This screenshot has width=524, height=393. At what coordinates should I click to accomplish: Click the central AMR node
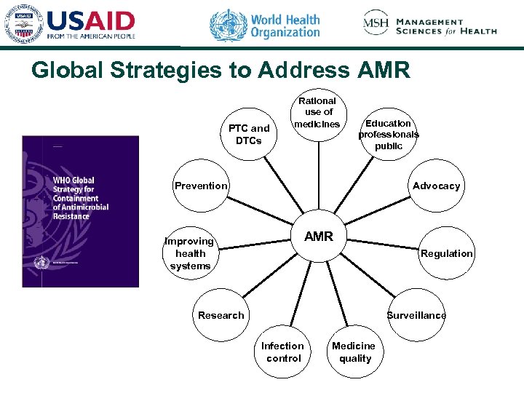point(318,237)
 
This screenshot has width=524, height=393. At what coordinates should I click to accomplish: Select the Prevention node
point(201,186)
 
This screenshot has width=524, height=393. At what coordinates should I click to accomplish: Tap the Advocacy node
point(436,186)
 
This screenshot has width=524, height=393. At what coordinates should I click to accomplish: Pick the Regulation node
point(446,253)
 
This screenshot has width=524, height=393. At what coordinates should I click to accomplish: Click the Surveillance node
point(416,315)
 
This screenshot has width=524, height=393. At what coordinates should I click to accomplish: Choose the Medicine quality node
point(354,352)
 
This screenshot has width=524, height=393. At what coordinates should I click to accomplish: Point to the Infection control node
point(283,352)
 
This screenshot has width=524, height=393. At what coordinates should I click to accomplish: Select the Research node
point(221,315)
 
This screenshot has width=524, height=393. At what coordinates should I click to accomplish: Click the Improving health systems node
point(190,253)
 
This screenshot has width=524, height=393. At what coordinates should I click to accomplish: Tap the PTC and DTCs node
point(249,134)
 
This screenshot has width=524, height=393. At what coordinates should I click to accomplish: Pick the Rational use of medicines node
point(318,113)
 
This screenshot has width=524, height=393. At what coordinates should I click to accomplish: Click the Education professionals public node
point(388,134)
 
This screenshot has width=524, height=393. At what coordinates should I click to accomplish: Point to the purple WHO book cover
point(80,211)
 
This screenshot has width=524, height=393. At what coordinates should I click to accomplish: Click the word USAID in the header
point(91,20)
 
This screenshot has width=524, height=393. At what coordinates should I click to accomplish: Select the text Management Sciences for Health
point(446,26)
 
